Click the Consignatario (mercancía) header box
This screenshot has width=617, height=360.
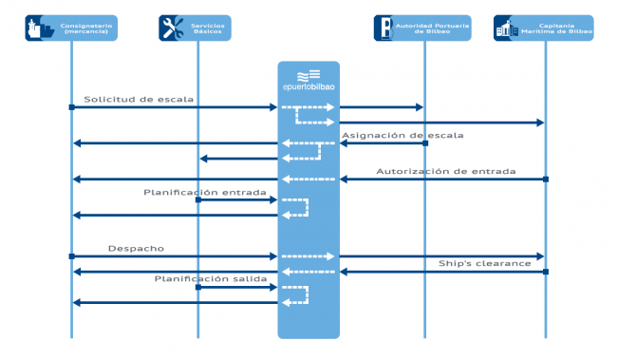click(x=71, y=28)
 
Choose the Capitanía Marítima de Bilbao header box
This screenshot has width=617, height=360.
click(x=544, y=28)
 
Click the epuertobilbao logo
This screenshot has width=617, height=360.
click(x=308, y=82)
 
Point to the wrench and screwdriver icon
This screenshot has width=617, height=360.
click(x=173, y=28)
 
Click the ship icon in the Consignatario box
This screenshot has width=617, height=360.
click(x=39, y=28)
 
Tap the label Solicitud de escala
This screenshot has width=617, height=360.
click(x=139, y=99)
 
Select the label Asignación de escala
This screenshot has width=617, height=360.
click(x=402, y=135)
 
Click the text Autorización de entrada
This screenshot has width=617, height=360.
click(x=446, y=172)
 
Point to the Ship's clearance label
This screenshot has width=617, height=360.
click(x=484, y=263)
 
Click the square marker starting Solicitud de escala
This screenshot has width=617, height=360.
click(x=71, y=107)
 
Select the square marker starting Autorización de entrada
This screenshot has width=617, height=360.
click(x=546, y=179)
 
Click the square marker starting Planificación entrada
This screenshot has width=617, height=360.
click(x=197, y=199)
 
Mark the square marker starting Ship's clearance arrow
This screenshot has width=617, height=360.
click(x=546, y=272)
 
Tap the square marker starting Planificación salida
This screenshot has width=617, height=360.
click(x=197, y=286)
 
